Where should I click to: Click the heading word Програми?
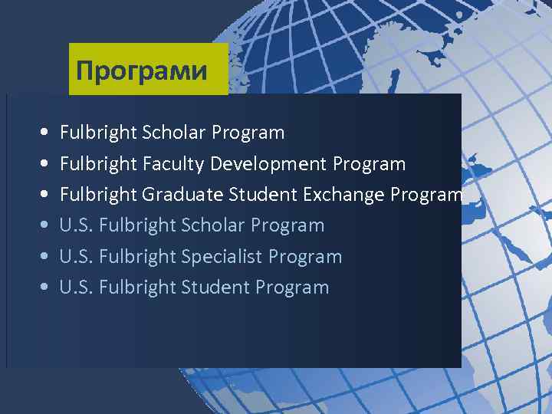[142, 71]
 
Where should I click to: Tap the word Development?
[269, 164]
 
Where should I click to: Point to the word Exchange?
[343, 195]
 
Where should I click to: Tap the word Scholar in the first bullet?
[174, 133]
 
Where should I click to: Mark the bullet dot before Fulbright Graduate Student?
[44, 195]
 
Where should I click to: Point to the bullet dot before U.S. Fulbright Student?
[44, 288]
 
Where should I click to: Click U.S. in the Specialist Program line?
[77, 257]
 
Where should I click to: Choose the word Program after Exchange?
[426, 195]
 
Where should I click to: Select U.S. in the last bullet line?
[77, 287]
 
